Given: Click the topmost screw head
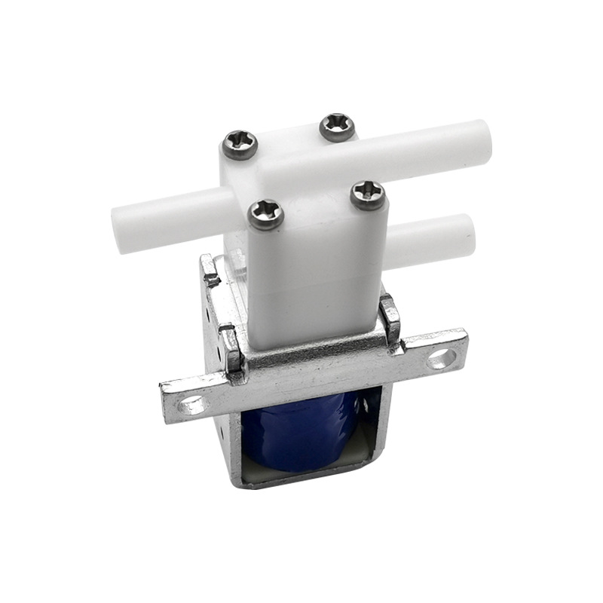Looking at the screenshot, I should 337,127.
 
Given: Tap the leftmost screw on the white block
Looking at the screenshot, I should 240,144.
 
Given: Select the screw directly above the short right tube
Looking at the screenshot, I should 368,196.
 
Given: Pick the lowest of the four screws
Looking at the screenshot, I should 266,215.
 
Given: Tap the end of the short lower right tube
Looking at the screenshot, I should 469,234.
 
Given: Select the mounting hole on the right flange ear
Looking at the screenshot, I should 442,358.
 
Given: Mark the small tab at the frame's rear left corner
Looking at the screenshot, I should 210,270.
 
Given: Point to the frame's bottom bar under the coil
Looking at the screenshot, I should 301,482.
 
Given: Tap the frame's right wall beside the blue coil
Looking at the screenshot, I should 381,430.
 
